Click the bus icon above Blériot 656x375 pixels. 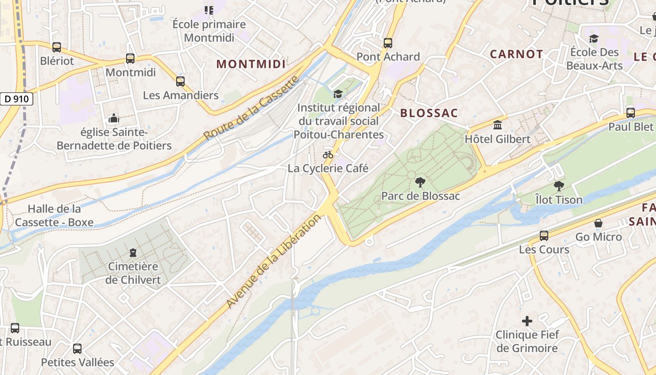click(57, 47)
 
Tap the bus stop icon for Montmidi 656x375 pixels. click(130, 59)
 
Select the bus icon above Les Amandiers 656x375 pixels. click(180, 82)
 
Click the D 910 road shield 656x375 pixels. click(16, 99)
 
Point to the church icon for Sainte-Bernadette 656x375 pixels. click(113, 119)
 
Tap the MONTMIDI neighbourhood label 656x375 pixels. click(251, 64)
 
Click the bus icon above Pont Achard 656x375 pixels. click(388, 43)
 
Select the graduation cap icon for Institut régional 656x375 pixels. click(338, 94)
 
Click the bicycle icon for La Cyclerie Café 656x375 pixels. click(328, 155)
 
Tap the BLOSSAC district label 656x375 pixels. click(429, 113)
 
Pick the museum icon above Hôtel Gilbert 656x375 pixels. click(498, 125)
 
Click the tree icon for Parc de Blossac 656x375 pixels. click(420, 182)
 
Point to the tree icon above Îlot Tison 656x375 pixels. click(559, 186)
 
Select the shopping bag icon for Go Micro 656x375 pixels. click(598, 223)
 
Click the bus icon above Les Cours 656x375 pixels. click(544, 236)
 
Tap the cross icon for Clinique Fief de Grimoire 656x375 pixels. click(527, 321)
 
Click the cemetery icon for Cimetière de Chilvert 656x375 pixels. click(133, 253)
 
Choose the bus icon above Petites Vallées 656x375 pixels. click(77, 349)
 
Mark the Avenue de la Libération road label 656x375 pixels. click(274, 262)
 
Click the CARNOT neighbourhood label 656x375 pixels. click(516, 54)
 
